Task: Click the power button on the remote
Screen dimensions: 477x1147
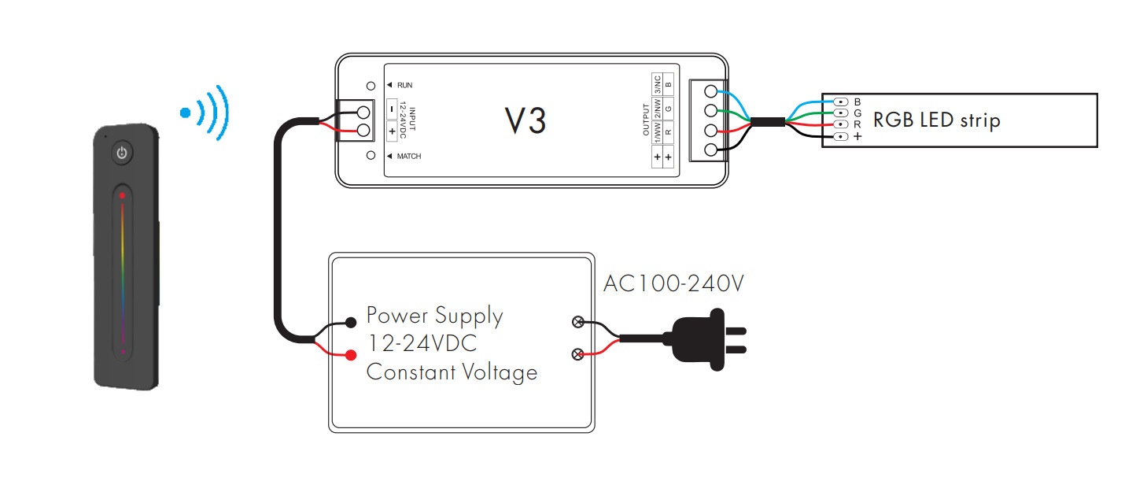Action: (x=122, y=153)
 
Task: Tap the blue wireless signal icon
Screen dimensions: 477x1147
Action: (x=204, y=112)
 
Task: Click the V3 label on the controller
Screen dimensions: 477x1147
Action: (x=525, y=120)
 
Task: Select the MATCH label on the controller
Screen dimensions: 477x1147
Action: (x=408, y=156)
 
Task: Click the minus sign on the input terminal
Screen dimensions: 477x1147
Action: (x=392, y=109)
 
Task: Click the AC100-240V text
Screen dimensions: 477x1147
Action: (x=673, y=283)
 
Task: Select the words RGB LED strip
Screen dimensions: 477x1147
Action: (x=936, y=120)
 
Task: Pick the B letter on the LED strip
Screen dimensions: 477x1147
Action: (x=857, y=102)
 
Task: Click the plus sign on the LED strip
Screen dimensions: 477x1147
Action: (x=857, y=136)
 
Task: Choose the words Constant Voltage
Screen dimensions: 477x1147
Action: (x=452, y=372)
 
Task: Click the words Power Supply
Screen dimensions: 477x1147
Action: (x=434, y=316)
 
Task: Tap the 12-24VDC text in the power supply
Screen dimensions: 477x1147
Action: (x=422, y=344)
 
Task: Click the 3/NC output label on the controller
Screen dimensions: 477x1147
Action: (x=656, y=83)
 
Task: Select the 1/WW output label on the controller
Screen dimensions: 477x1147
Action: (x=656, y=128)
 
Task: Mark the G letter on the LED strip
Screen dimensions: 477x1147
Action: (x=857, y=113)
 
